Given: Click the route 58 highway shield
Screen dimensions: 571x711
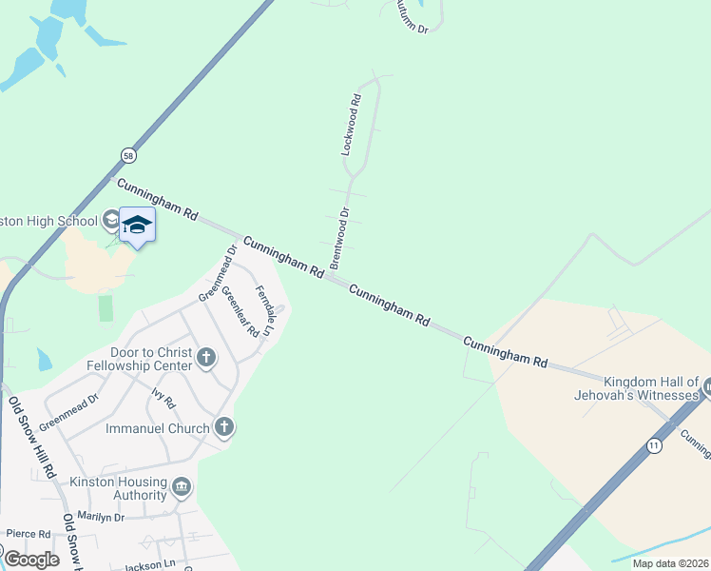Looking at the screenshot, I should (128, 155).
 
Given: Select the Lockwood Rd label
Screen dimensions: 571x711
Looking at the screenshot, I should (351, 125).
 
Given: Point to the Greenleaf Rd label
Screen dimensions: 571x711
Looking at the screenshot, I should (240, 312).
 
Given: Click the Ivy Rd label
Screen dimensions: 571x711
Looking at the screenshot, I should (163, 397).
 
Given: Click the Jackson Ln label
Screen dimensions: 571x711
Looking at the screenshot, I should (150, 565).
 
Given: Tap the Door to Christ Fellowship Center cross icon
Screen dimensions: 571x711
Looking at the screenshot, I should (206, 359).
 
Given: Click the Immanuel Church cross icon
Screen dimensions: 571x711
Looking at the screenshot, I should (223, 426).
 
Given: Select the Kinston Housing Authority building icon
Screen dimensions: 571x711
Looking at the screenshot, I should (182, 489).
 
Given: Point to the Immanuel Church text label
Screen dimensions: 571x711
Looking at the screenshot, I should (157, 428).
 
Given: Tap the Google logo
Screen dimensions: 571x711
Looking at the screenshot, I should (31, 559).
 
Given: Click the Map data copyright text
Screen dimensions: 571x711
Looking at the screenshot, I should (670, 563).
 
